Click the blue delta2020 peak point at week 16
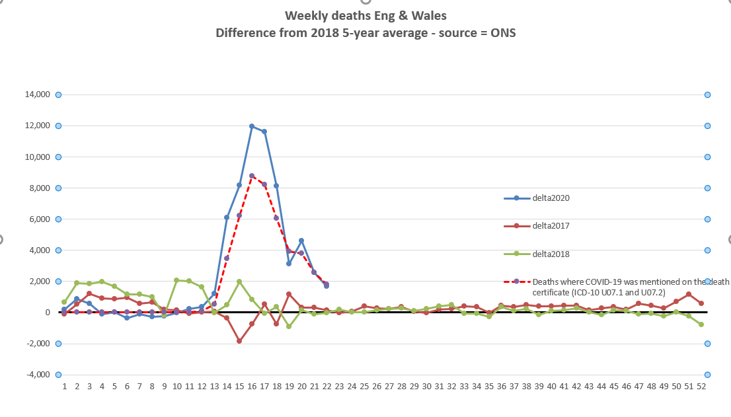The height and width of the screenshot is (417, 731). tap(252, 126)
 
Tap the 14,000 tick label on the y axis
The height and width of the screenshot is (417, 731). tap(36, 95)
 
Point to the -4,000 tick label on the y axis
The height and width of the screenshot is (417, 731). tap(38, 375)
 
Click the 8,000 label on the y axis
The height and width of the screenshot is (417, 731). tap(38, 188)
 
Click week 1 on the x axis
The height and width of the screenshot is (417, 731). tap(65, 386)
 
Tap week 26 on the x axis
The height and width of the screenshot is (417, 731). tap(377, 386)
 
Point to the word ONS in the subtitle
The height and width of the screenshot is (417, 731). tap(503, 32)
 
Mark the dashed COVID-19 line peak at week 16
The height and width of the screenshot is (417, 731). tap(252, 176)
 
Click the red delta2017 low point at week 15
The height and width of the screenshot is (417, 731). tap(239, 341)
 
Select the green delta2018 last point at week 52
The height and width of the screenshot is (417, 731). tap(701, 324)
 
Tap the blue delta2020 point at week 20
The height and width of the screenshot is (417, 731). tap(301, 241)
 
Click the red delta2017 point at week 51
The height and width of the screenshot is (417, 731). tap(689, 294)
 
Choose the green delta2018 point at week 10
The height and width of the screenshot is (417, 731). tap(176, 280)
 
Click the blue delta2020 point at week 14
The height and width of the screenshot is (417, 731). tap(227, 217)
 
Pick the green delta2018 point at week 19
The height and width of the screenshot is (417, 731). tap(289, 326)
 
